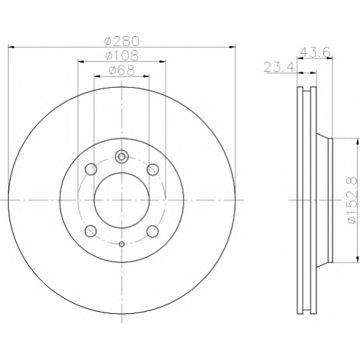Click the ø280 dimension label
pyautogui.click(x=122, y=41)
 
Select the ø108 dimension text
pyautogui.click(x=122, y=55)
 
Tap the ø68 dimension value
pyautogui.click(x=122, y=71)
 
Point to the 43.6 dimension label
pyautogui.click(x=315, y=52)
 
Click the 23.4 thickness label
pyautogui.click(x=279, y=67)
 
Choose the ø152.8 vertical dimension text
pyautogui.click(x=352, y=200)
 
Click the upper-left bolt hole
pyautogui.click(x=91, y=169)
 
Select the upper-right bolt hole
pyautogui.click(x=153, y=169)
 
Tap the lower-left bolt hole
pyautogui.click(x=91, y=231)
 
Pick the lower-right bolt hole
pyautogui.click(x=153, y=231)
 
